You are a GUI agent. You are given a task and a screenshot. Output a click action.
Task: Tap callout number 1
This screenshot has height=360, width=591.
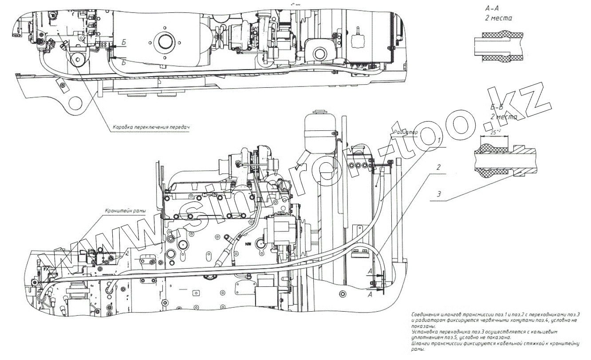(x=439, y=140)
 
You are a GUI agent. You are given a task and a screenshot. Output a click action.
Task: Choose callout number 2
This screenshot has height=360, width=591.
(x=438, y=168)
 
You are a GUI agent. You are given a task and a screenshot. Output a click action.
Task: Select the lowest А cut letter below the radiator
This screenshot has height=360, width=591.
(x=370, y=294)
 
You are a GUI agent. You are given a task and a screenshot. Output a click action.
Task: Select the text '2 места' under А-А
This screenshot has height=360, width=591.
(x=498, y=19)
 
